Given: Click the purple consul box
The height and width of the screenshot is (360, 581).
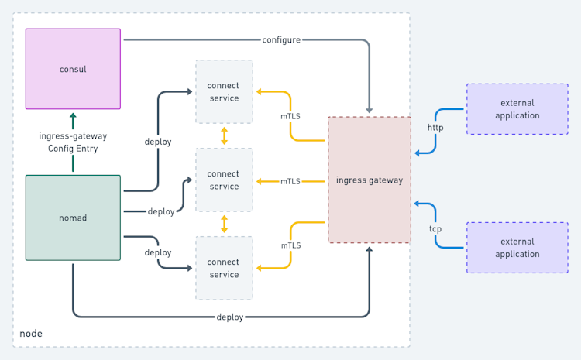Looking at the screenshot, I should (x=73, y=69).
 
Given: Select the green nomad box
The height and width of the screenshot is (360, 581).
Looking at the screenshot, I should (x=73, y=218).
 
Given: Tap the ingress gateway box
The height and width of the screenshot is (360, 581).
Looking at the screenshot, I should (x=370, y=180).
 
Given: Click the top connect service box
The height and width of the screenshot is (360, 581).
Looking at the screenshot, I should (x=224, y=91).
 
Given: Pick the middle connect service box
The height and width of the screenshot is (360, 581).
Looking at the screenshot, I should (x=224, y=180).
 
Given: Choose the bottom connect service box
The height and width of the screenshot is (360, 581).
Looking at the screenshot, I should (x=224, y=268).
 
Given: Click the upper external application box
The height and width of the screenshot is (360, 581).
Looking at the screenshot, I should (x=517, y=109).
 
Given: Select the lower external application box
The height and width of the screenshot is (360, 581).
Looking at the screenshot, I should (x=517, y=248).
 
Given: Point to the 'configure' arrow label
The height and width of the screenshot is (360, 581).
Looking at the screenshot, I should (x=281, y=39).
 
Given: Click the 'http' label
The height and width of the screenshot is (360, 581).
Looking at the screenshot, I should (x=435, y=127).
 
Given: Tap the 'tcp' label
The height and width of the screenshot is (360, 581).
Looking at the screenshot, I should (x=435, y=229).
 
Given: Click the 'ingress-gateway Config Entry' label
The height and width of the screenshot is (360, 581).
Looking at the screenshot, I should (x=73, y=142).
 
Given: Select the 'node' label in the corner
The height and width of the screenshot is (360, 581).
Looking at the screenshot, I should (x=31, y=333).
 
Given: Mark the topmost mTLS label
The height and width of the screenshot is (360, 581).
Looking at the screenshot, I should (x=290, y=116).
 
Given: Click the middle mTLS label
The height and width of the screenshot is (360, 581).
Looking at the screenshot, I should (x=290, y=181).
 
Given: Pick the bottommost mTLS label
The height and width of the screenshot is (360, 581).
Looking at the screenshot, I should (x=290, y=245).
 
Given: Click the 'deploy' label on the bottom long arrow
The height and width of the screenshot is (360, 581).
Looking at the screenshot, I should (x=230, y=317).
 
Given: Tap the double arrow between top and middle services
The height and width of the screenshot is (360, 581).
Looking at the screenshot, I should (x=225, y=135).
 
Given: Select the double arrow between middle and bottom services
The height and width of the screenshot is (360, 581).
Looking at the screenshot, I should (x=225, y=225).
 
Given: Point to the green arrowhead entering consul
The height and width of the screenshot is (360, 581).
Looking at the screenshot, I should (x=73, y=116).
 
